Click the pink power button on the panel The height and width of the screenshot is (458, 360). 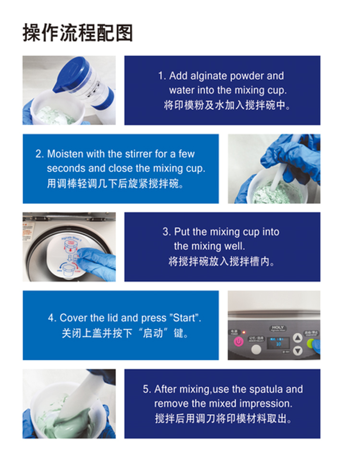pos(239,341)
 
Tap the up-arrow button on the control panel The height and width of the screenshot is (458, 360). pos(298,338)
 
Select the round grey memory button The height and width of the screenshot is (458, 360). pos(256,349)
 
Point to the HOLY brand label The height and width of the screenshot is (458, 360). pos(277,327)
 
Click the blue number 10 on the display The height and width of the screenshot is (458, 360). pos(278,344)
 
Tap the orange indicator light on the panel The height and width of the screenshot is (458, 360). pos(244,332)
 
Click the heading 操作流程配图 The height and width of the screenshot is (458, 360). pos(78,33)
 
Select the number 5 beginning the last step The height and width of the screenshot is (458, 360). pos(146,389)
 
